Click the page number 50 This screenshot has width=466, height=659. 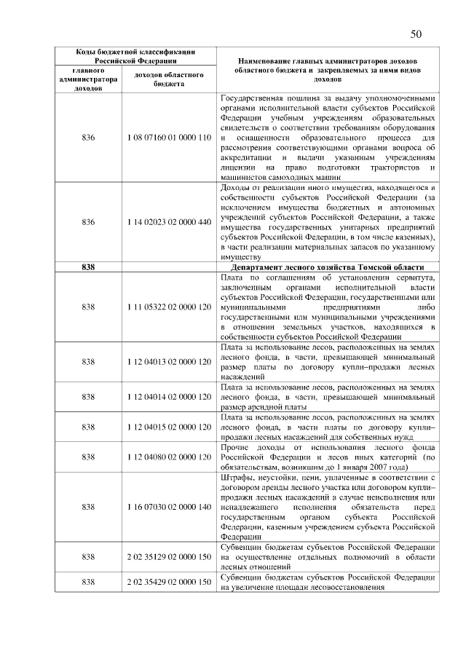pyautogui.click(x=416, y=33)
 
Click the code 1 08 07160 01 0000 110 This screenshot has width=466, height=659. pyautogui.click(x=168, y=138)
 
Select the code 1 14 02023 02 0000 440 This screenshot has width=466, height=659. pyautogui.click(x=168, y=222)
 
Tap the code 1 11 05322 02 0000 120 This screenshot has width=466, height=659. pyautogui.click(x=168, y=307)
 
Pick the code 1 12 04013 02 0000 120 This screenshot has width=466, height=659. pyautogui.click(x=168, y=362)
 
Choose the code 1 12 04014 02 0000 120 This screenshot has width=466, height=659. pyautogui.click(x=168, y=398)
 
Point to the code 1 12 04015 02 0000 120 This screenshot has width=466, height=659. pyautogui.click(x=168, y=425)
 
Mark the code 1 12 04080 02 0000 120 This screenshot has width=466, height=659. pyautogui.click(x=168, y=457)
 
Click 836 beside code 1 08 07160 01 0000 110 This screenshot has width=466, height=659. pyautogui.click(x=89, y=138)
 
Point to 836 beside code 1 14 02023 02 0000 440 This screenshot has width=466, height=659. pyautogui.click(x=89, y=222)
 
